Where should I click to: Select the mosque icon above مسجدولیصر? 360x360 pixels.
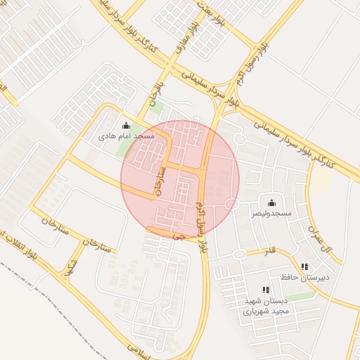pyautogui.click(x=271, y=202)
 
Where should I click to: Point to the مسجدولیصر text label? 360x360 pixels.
pyautogui.click(x=272, y=212)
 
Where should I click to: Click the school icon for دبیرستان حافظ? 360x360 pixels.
pyautogui.click(x=304, y=266)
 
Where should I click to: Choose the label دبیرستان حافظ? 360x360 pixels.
pyautogui.click(x=304, y=276)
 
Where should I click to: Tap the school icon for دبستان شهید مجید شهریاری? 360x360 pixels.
pyautogui.click(x=265, y=290)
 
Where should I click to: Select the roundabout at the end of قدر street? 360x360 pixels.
pyautogui.click(x=240, y=254)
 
